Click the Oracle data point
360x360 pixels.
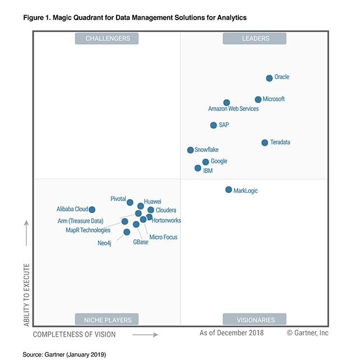269,78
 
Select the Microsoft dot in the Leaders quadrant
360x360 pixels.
258,99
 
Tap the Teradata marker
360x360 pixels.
265,142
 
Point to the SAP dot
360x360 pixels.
214,125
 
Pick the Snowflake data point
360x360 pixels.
191,150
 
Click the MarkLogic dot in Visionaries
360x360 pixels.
228,190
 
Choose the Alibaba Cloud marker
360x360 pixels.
92,210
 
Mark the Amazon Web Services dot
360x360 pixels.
227,103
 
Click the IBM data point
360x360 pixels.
198,168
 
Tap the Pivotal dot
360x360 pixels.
130,202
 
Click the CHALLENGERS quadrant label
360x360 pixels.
108,38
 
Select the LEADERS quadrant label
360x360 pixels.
255,38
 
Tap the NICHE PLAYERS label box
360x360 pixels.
108,320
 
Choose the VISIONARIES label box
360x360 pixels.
255,320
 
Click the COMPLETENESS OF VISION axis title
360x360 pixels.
75,335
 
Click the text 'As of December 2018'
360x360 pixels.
232,333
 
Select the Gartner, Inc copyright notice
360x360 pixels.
308,333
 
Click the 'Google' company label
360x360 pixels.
219,161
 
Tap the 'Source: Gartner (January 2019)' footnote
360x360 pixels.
63,354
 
